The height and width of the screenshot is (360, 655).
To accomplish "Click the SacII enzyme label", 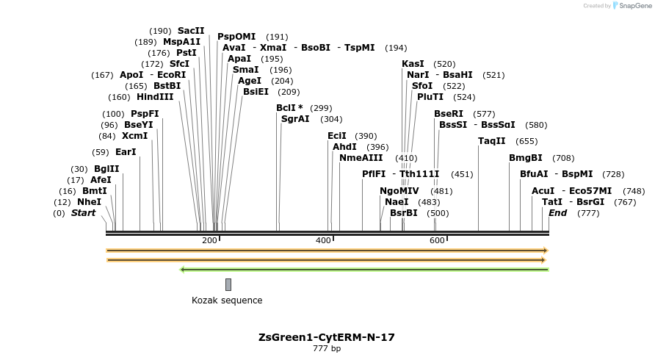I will click(191, 31).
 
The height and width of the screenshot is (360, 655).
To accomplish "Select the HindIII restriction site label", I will click(155, 97).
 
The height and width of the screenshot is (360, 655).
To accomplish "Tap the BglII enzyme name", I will click(106, 169).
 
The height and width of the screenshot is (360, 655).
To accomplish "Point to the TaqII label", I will click(492, 141).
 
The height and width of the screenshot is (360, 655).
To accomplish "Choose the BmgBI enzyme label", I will click(526, 158).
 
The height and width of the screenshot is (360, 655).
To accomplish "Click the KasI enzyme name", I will click(413, 64).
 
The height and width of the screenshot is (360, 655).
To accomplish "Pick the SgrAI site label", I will click(295, 119).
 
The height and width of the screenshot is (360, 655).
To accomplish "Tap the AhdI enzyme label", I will click(344, 147).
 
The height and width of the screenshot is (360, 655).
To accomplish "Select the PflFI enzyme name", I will click(374, 174).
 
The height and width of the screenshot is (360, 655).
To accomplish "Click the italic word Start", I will click(83, 213).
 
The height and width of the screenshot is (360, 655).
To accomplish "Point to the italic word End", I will click(557, 213).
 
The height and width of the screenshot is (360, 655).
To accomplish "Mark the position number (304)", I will click(331, 119).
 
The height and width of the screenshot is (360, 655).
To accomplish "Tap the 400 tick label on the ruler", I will click(323, 241).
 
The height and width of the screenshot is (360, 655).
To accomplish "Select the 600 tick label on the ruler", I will click(437, 241).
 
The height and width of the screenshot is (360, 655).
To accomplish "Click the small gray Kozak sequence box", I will click(228, 284).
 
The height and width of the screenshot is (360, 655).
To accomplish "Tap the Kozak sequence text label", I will click(227, 300).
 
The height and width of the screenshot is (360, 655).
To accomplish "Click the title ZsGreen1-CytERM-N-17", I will click(327, 337).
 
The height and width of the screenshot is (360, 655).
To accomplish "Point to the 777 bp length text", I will click(327, 348).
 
